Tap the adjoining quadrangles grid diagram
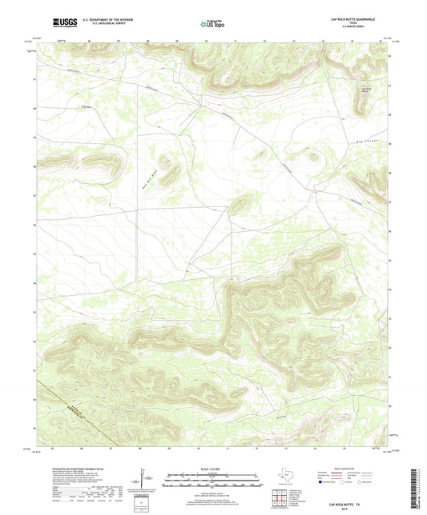tap(278, 497)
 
